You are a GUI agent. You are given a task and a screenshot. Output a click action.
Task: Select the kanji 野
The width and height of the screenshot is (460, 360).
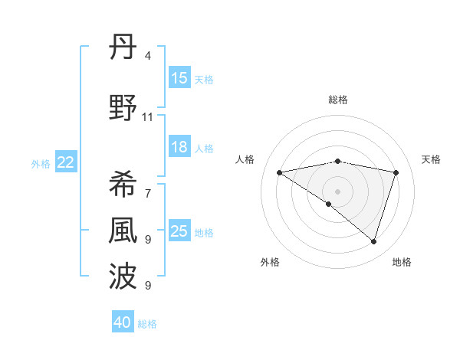pyautogui.click(x=123, y=109)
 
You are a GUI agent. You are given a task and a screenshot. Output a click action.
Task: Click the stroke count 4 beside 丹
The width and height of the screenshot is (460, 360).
pyautogui.click(x=148, y=56)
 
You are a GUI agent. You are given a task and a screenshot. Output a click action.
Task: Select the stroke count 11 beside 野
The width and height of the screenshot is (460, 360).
pyautogui.click(x=148, y=117)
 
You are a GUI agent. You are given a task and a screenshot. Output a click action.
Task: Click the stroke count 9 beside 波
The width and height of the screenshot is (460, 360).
pyautogui.click(x=148, y=286)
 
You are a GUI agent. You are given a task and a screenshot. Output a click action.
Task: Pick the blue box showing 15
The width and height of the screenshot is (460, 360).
pyautogui.click(x=179, y=78)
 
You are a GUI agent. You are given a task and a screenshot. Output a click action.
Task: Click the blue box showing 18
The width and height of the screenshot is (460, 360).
pyautogui.click(x=179, y=147)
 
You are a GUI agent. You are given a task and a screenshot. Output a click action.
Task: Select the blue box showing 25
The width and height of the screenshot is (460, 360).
pyautogui.click(x=179, y=231)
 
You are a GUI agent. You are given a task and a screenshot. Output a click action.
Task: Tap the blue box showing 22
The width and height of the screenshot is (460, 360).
pyautogui.click(x=66, y=162)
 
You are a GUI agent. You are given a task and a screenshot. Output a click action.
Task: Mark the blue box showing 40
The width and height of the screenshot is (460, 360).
pyautogui.click(x=122, y=322)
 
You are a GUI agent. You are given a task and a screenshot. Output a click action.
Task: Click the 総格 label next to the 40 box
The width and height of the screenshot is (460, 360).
pyautogui.click(x=148, y=324)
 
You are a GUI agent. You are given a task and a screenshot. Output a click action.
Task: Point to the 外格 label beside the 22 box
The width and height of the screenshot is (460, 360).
pyautogui.click(x=41, y=163)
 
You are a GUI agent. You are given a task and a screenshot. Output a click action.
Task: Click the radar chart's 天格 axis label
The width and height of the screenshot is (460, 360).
pyautogui.click(x=432, y=159)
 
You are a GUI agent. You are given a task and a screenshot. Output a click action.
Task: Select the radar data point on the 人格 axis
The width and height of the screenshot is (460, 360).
pyautogui.click(x=279, y=172)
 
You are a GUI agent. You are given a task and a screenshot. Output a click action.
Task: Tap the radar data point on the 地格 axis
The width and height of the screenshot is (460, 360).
pyautogui.click(x=373, y=241)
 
